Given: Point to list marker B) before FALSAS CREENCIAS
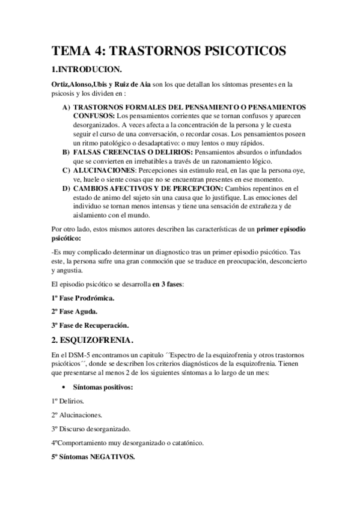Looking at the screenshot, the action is (66, 153).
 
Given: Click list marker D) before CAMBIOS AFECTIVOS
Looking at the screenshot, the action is (66, 189).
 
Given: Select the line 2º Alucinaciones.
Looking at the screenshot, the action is (76, 415).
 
